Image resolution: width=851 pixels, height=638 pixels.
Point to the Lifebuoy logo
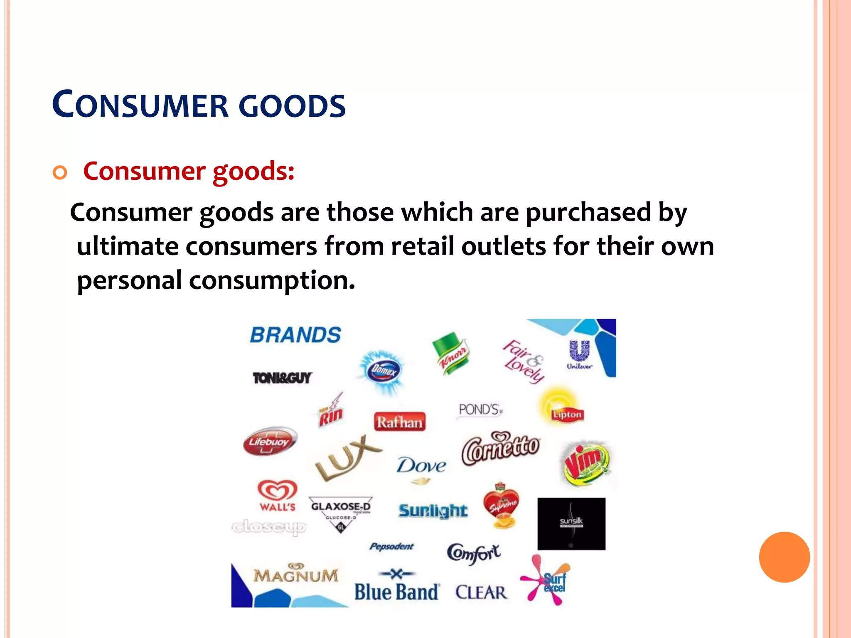click(270, 441)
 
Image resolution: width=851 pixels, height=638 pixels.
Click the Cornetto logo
click(501, 449)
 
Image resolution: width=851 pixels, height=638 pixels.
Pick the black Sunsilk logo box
click(571, 524)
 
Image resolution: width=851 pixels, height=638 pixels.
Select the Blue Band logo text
click(396, 591)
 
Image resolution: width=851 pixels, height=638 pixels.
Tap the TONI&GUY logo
click(283, 378)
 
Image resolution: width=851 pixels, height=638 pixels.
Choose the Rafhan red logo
click(399, 422)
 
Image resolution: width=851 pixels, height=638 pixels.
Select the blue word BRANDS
click(295, 335)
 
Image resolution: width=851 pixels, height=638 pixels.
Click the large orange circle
click(784, 557)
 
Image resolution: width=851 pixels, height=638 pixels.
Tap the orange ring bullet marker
click(60, 172)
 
